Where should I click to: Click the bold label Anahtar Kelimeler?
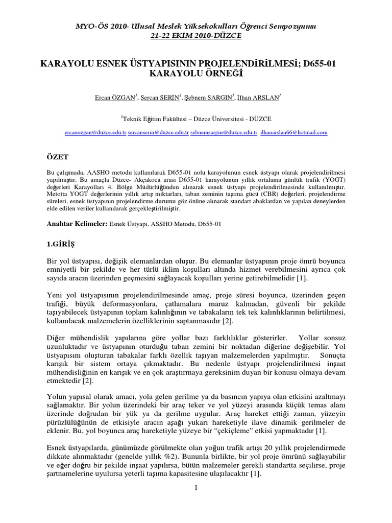click(77, 224)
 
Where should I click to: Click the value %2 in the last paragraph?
click(214, 455)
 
